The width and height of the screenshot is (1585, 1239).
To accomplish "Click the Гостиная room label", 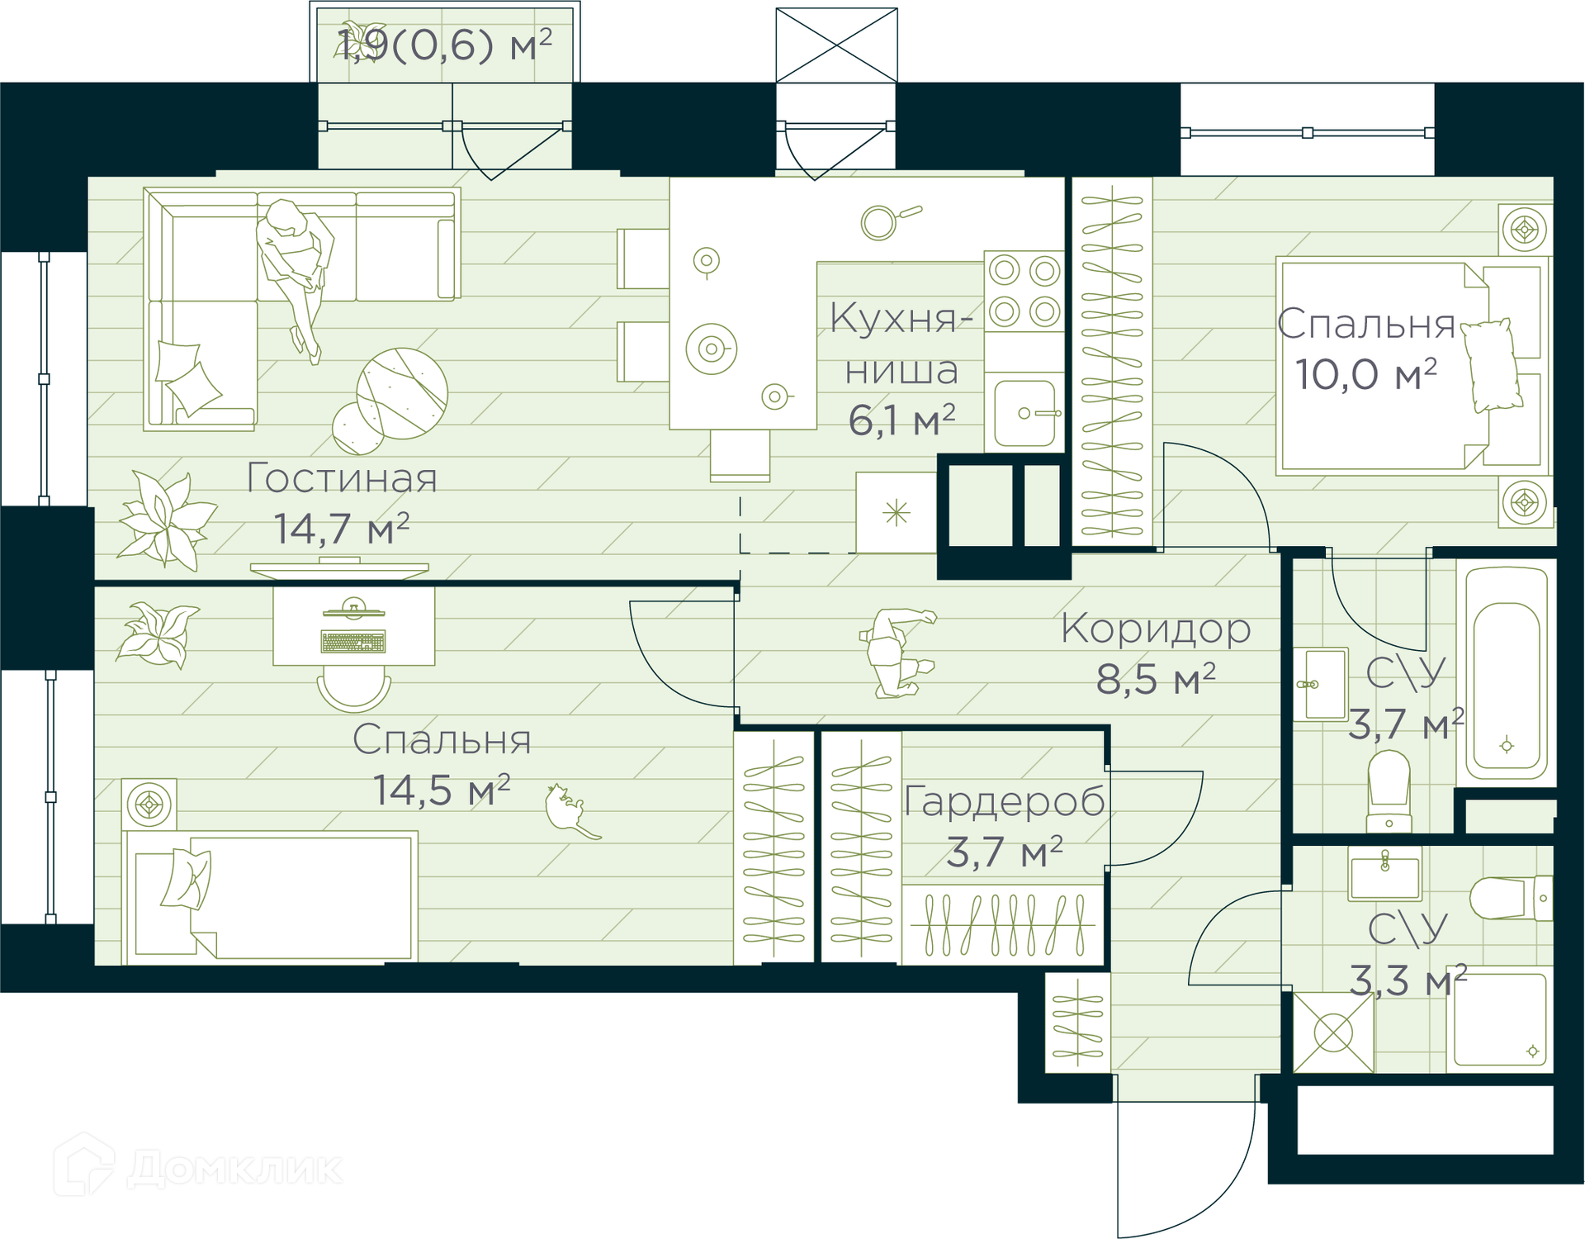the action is coord(342,479).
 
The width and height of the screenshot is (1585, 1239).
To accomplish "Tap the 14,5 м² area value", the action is coord(442,790).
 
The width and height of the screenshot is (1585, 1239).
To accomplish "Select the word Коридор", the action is coord(1156,629).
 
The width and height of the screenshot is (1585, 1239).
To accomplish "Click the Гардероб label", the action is coord(1005,801).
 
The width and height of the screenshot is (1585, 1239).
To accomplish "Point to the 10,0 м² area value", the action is coord(1365,374).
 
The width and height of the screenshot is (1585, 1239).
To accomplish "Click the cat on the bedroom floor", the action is coord(571,811).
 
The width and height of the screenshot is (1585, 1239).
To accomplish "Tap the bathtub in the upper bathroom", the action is coord(1507,673).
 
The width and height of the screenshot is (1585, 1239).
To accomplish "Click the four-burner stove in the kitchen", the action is coord(1024,291).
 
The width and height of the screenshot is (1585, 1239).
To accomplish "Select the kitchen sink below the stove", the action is coord(1026,413).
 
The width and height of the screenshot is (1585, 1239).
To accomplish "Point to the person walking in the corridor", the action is coord(897,653).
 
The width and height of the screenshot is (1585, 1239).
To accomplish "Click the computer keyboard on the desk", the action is coord(353,642).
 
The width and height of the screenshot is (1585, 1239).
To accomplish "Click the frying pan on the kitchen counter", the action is coord(888,221).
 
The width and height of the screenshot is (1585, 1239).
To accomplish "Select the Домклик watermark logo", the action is coord(198,1165).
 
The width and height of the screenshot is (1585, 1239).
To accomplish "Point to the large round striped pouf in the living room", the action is coord(402,393).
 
